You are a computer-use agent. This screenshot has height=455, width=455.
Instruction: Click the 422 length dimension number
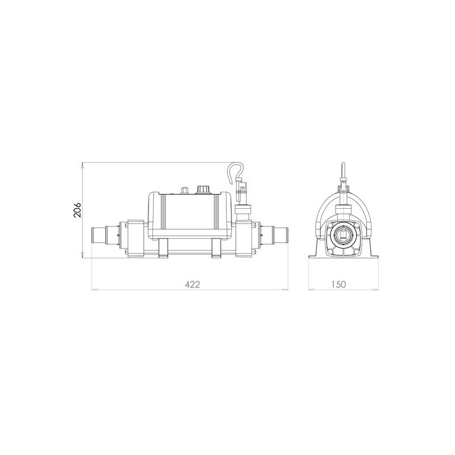(x=192, y=284)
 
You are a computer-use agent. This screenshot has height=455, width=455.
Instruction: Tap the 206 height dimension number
(x=77, y=210)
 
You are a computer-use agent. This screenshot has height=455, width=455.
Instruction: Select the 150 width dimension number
(x=338, y=284)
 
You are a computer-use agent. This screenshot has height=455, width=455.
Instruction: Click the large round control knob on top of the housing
(x=201, y=189)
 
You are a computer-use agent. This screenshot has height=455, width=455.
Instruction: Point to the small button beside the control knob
(x=184, y=190)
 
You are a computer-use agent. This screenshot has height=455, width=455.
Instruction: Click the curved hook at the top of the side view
(x=235, y=173)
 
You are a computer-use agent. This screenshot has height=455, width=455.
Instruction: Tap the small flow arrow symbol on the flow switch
(x=243, y=188)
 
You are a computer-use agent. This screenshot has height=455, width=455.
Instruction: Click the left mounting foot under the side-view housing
(x=164, y=247)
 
